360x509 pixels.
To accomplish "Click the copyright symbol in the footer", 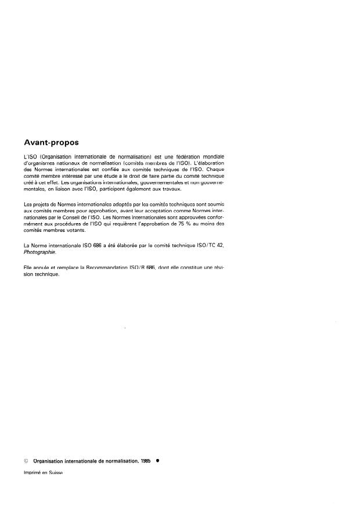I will coord(26,460).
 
